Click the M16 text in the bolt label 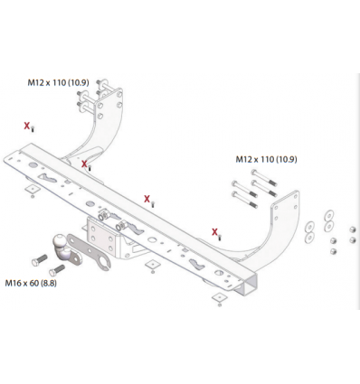click(13, 284)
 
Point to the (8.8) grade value click(49, 284)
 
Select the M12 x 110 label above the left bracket click(58, 82)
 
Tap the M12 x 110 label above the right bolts click(266, 159)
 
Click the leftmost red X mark click(27, 126)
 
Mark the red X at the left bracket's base click(84, 164)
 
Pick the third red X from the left click(147, 199)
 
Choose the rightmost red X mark click(214, 232)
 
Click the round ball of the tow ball click(59, 241)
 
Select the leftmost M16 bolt click(39, 260)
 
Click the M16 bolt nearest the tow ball click(57, 270)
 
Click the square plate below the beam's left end click(33, 190)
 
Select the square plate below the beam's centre click(152, 265)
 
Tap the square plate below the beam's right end click(219, 297)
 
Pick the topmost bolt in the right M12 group click(263, 177)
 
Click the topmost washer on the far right click(329, 215)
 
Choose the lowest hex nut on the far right click(333, 251)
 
